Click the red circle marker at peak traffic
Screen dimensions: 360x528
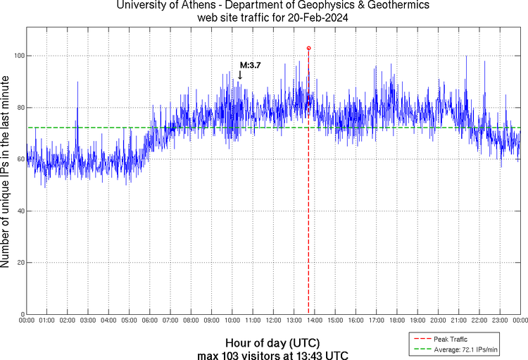coord(308,48)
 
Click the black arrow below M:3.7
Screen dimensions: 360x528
coord(240,75)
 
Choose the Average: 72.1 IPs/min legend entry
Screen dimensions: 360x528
coord(465,349)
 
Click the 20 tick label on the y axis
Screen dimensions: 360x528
coord(19,263)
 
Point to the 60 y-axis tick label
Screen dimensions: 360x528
coord(19,159)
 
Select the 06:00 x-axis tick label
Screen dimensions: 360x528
coord(150,321)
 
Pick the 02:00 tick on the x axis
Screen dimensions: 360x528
coord(68,321)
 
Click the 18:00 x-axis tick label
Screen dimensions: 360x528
coord(396,321)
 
